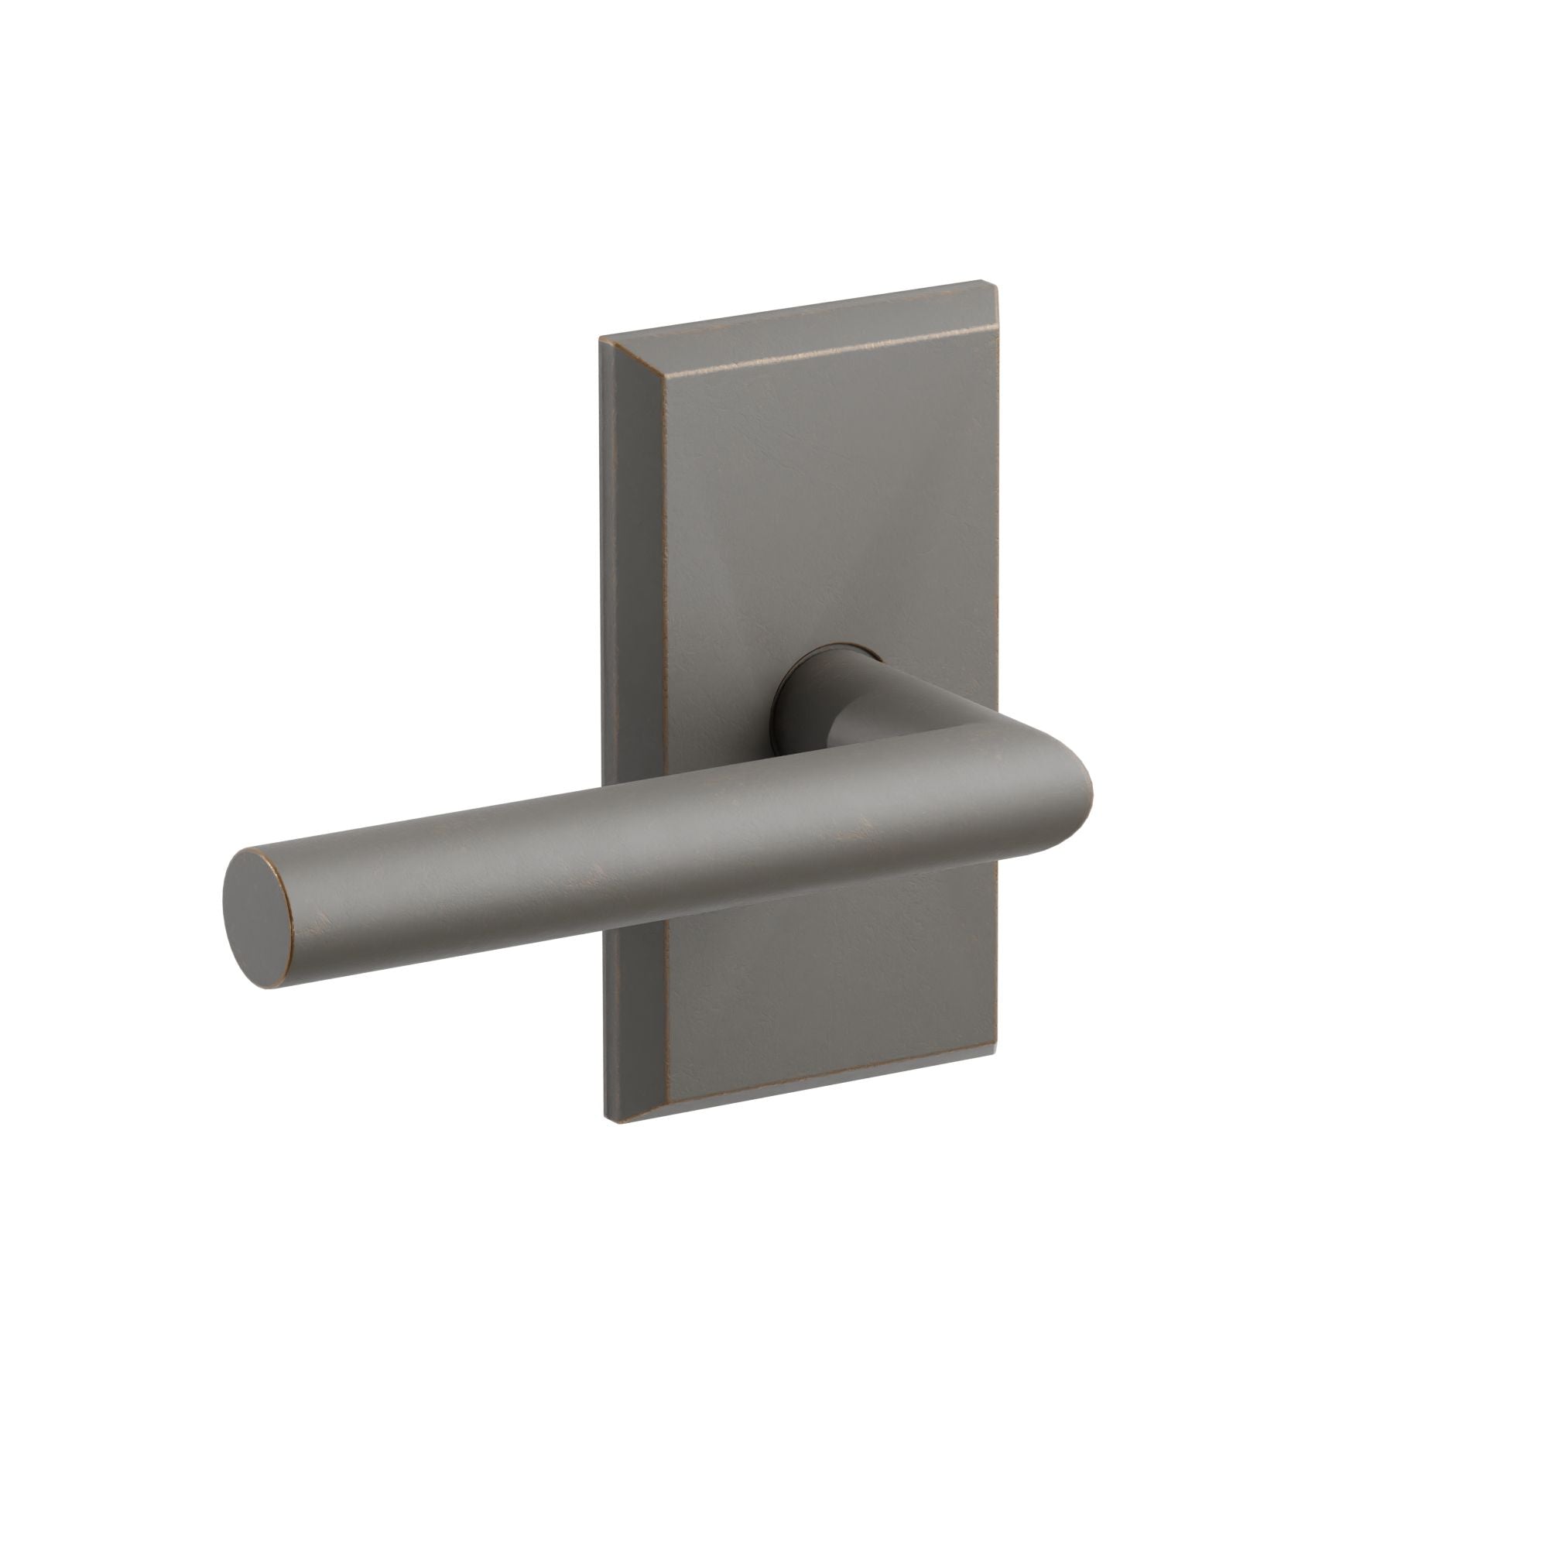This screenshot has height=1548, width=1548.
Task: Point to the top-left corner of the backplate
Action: [602, 340]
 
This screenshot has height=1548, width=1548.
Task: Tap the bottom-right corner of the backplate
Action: [997, 1046]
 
